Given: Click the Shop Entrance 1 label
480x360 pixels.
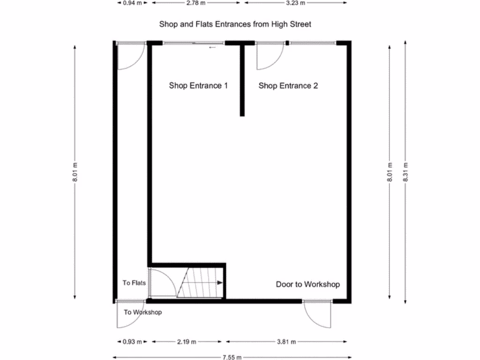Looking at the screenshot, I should [198, 86].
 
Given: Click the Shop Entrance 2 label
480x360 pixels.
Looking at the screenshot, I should [288, 86].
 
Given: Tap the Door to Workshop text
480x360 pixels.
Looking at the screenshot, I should [307, 284].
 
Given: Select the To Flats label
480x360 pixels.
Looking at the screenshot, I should [134, 283].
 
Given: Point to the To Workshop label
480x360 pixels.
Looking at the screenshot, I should [142, 312].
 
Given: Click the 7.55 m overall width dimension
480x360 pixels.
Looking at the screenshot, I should [232, 357].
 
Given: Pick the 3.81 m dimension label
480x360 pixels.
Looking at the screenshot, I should [287, 342].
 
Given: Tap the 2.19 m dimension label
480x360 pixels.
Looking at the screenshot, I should [187, 342].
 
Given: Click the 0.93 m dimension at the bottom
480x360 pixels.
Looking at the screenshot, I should [132, 342].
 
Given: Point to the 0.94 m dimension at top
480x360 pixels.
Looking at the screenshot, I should [132, 3].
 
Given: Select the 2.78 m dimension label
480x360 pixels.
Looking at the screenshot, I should [195, 3].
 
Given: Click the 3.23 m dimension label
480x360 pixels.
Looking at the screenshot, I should [296, 3].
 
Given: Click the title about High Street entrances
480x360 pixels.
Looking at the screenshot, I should [235, 23].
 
